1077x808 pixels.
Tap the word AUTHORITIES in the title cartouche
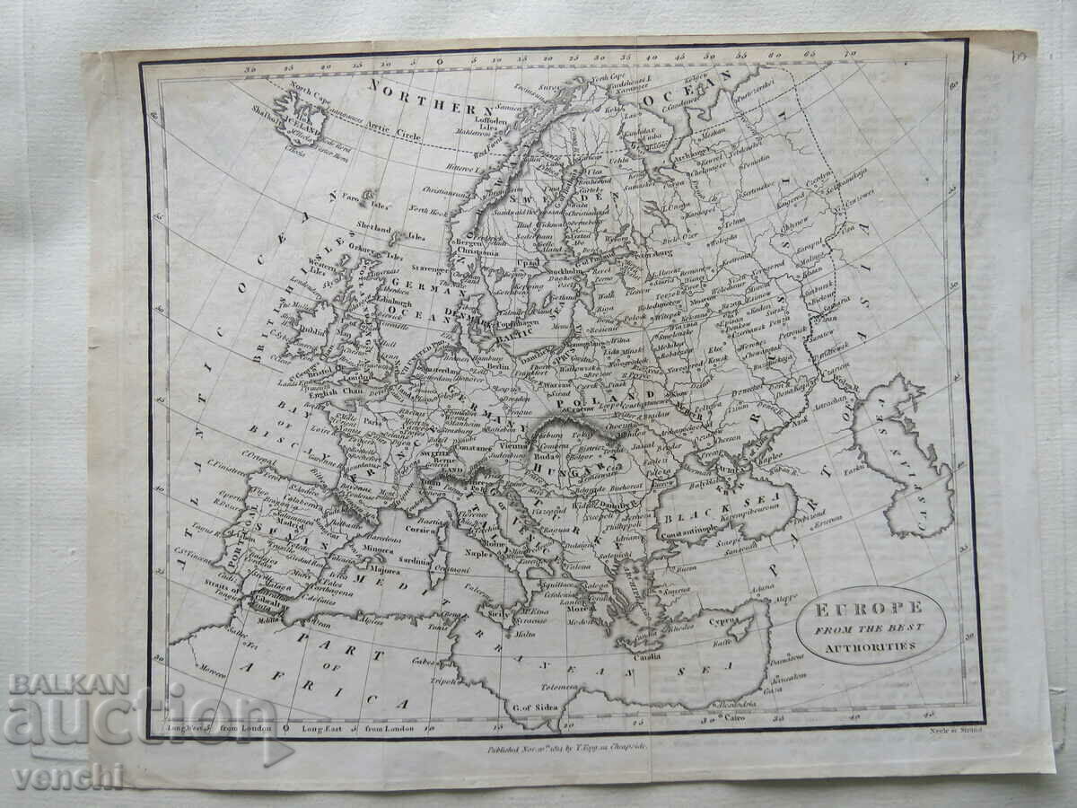870,645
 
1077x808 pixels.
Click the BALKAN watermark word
69,684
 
